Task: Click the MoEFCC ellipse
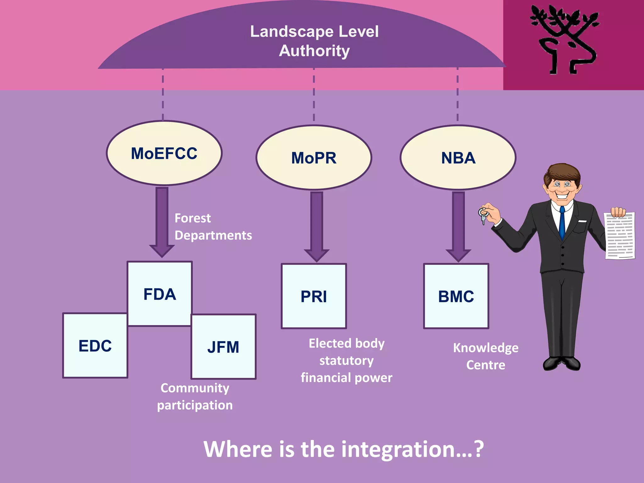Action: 164,153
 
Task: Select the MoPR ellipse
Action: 314,158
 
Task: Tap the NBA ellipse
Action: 458,158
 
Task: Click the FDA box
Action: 160,294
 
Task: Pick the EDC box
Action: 95,346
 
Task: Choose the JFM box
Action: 224,347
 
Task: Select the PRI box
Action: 314,296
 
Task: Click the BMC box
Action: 456,296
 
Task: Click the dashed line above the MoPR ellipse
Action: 314,94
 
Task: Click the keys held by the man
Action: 483,216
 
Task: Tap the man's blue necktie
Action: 562,222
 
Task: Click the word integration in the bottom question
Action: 396,449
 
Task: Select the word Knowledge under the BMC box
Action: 486,348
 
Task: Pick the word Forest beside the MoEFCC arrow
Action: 192,218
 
